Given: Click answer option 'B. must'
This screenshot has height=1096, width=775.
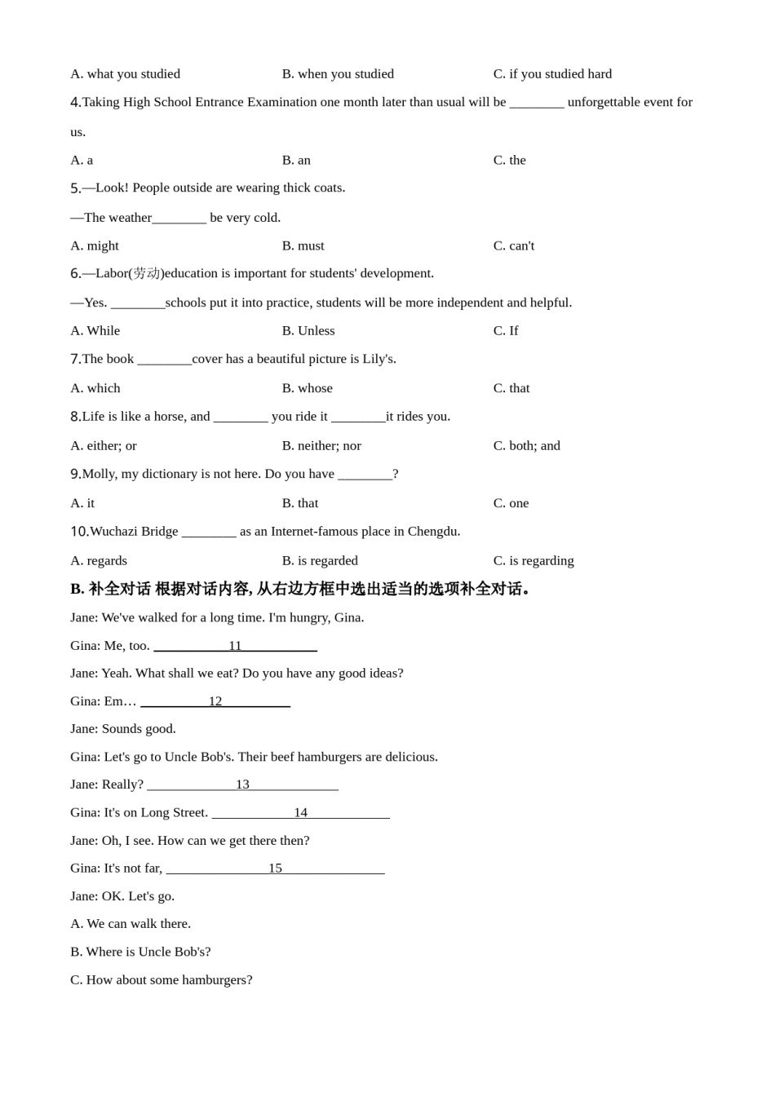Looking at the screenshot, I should [303, 245].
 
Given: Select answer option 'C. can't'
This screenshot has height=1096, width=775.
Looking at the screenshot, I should [513, 245].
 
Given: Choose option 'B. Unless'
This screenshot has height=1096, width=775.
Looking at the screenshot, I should [308, 330].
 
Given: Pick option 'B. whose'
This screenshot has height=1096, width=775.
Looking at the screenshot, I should [307, 388].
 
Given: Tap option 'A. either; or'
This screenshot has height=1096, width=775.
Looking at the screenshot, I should [104, 445].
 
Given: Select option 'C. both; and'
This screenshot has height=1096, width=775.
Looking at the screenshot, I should [526, 445].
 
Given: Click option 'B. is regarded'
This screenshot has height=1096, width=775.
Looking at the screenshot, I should [320, 560].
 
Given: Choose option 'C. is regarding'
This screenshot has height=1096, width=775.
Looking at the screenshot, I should [534, 560].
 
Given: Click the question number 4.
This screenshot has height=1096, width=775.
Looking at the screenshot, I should [76, 102].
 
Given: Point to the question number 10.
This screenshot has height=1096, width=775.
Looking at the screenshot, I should [79, 532].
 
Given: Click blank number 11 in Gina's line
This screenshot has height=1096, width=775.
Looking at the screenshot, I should [235, 646].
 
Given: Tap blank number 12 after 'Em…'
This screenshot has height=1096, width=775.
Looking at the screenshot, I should [215, 701].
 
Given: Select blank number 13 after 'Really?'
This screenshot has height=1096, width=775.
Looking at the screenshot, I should [242, 784].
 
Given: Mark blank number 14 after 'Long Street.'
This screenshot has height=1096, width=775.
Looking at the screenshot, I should [300, 812].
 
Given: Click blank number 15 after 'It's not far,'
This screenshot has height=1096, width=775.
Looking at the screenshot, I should [275, 868].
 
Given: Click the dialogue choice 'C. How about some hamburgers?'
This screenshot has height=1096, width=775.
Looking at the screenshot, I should [162, 979].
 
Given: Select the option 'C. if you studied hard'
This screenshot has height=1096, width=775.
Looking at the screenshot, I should [552, 74].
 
